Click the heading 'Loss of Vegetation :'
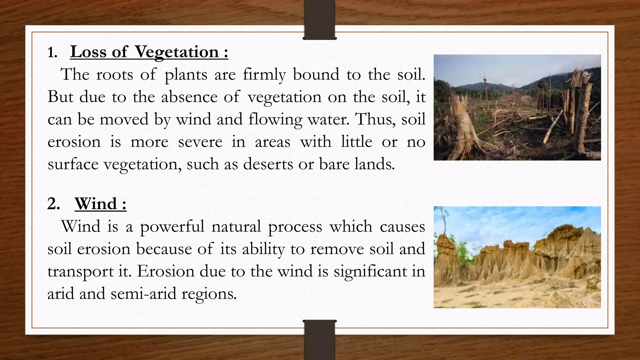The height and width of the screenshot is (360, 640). coord(149,52)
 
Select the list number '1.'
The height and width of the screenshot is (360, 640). coord(52,53)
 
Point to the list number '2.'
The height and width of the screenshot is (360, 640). coord(53,204)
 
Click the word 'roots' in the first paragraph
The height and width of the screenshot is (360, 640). coord(114,75)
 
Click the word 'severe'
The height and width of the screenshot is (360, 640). coord(200,142)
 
